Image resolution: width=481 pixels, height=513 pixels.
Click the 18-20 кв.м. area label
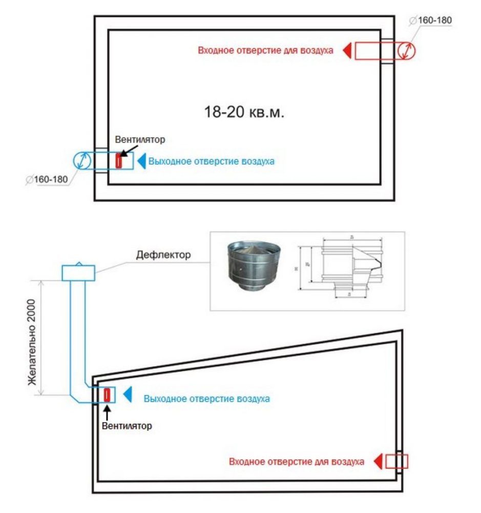(x=244, y=112)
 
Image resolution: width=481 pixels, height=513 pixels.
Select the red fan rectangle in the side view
(x=108, y=395)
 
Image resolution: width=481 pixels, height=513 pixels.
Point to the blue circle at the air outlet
(x=81, y=161)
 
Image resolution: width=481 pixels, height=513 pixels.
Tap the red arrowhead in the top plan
(x=347, y=51)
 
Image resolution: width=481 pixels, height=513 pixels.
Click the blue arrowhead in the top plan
(x=141, y=161)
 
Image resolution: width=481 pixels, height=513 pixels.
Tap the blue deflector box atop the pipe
(x=78, y=272)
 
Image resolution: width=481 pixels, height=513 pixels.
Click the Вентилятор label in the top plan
(x=140, y=139)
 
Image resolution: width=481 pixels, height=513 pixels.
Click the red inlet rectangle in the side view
(x=397, y=461)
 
